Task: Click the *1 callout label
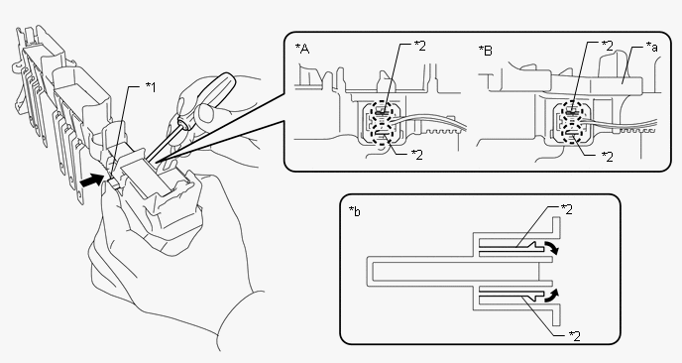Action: [x=150, y=87]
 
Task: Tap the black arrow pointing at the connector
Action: [x=92, y=181]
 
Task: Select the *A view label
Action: [x=302, y=49]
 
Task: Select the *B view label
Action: [x=486, y=51]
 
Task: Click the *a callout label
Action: [x=651, y=47]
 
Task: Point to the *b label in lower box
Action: [x=355, y=211]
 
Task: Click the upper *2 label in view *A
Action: [x=419, y=46]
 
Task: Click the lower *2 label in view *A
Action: [x=416, y=155]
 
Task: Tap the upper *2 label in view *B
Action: [x=608, y=45]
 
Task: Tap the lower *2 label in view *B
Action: [x=608, y=157]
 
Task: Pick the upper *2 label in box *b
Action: [x=566, y=209]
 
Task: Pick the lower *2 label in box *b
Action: [x=574, y=336]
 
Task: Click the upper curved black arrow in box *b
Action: [x=552, y=247]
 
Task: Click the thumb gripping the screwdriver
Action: [x=204, y=113]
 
